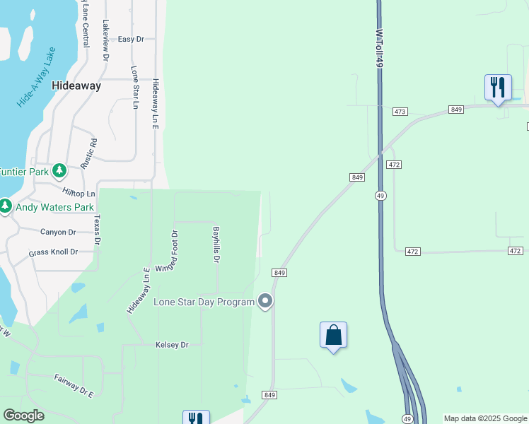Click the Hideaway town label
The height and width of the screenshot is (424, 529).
(76, 86)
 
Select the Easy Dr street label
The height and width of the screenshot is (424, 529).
(131, 39)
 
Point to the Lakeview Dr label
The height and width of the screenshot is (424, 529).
(105, 39)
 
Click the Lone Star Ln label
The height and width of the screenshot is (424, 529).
(134, 88)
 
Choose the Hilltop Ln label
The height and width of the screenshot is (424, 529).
(79, 193)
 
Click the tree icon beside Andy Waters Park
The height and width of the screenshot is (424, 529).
(6, 207)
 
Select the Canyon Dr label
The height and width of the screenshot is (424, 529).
(58, 232)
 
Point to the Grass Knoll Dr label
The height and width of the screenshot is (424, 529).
(53, 252)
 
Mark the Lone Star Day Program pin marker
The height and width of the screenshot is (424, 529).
(266, 302)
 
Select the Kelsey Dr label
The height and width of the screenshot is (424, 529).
(172, 345)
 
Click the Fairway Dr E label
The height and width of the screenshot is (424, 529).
(74, 385)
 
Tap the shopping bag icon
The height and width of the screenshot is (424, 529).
(334, 336)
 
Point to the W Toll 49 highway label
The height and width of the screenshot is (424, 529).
(379, 49)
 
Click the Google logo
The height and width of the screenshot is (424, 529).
(23, 416)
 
